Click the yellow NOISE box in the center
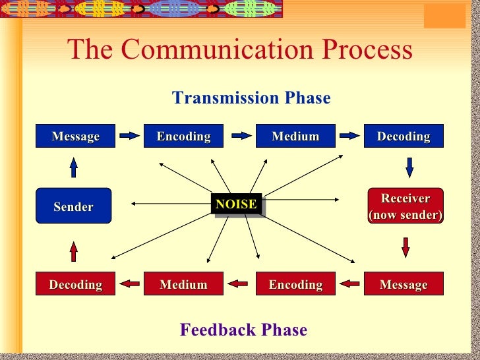pos(236,204)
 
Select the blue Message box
pos(75,136)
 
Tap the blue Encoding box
pos(183,136)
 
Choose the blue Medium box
pos(295,136)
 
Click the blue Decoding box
pos(404,136)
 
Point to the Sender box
pos(73,206)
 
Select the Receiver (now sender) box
pos(405,206)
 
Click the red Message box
pos(404,284)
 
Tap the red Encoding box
pos(295,284)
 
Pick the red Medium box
pos(183,284)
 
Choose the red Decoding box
pos(75,284)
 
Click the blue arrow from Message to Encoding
pos(130,136)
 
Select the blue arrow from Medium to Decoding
pos(349,136)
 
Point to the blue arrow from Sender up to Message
pos(74,167)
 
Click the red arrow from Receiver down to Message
pos(405,247)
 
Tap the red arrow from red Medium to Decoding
pos(130,284)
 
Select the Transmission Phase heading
pos(251,98)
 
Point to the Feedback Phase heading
pos(243,330)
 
